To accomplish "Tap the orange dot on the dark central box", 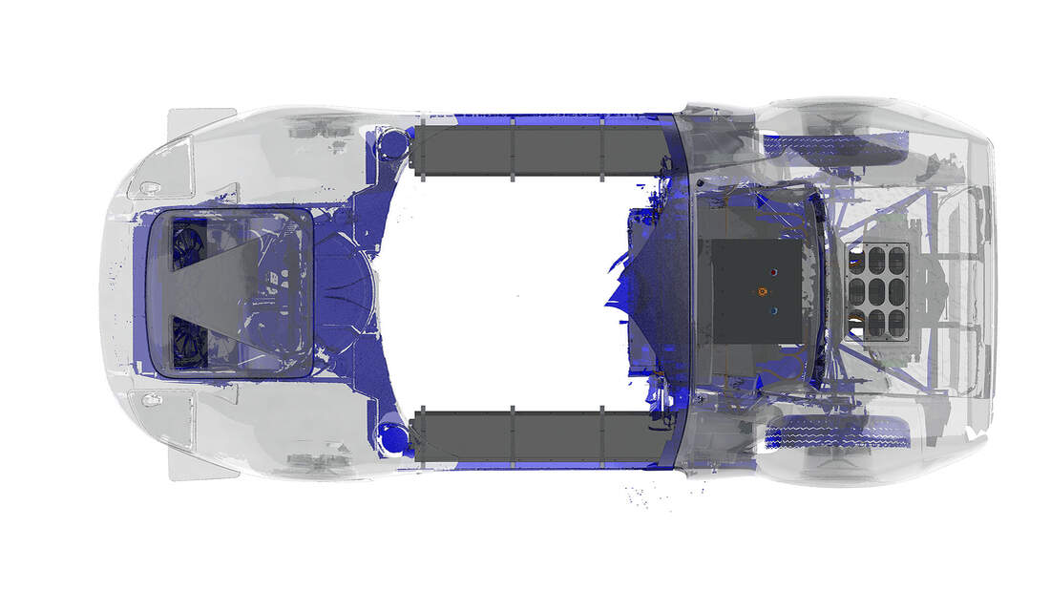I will point(762,291).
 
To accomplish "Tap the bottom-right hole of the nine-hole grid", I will point(896,323).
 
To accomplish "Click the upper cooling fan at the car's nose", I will point(188,246).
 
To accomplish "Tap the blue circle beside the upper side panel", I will point(392,146).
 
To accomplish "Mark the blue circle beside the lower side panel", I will point(392,438).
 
